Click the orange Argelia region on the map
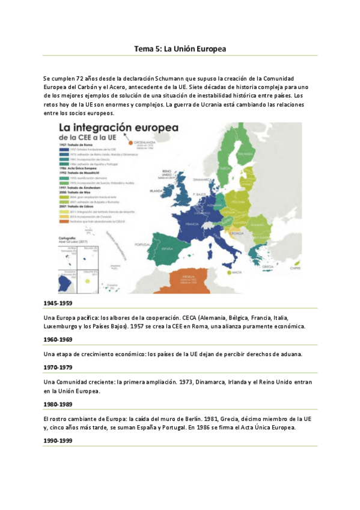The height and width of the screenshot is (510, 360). (x=193, y=280)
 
